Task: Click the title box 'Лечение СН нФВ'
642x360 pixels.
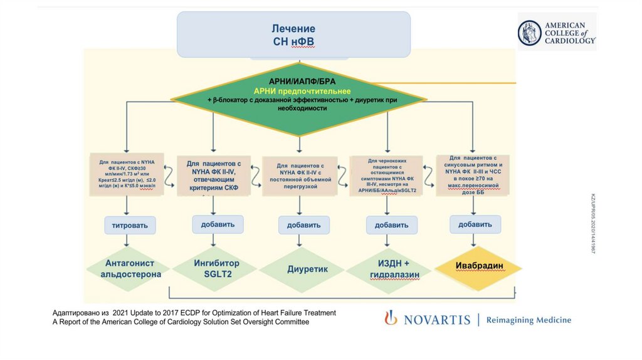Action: click(293, 35)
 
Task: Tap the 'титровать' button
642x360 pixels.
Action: click(130, 225)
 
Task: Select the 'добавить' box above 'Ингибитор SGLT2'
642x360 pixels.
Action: click(218, 224)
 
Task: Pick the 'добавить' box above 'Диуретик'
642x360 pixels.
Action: click(303, 225)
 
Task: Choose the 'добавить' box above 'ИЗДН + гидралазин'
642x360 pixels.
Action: click(391, 225)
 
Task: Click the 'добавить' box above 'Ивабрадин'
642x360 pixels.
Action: click(475, 224)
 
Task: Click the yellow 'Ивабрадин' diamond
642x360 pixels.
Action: click(479, 266)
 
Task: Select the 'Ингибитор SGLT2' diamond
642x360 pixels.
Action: click(215, 269)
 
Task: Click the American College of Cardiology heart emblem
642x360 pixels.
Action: click(529, 33)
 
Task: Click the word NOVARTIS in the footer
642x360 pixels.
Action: click(436, 320)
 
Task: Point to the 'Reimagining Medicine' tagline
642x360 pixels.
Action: click(529, 320)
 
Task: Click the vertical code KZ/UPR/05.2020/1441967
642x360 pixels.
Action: click(592, 223)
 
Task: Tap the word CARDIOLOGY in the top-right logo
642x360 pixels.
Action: click(570, 40)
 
